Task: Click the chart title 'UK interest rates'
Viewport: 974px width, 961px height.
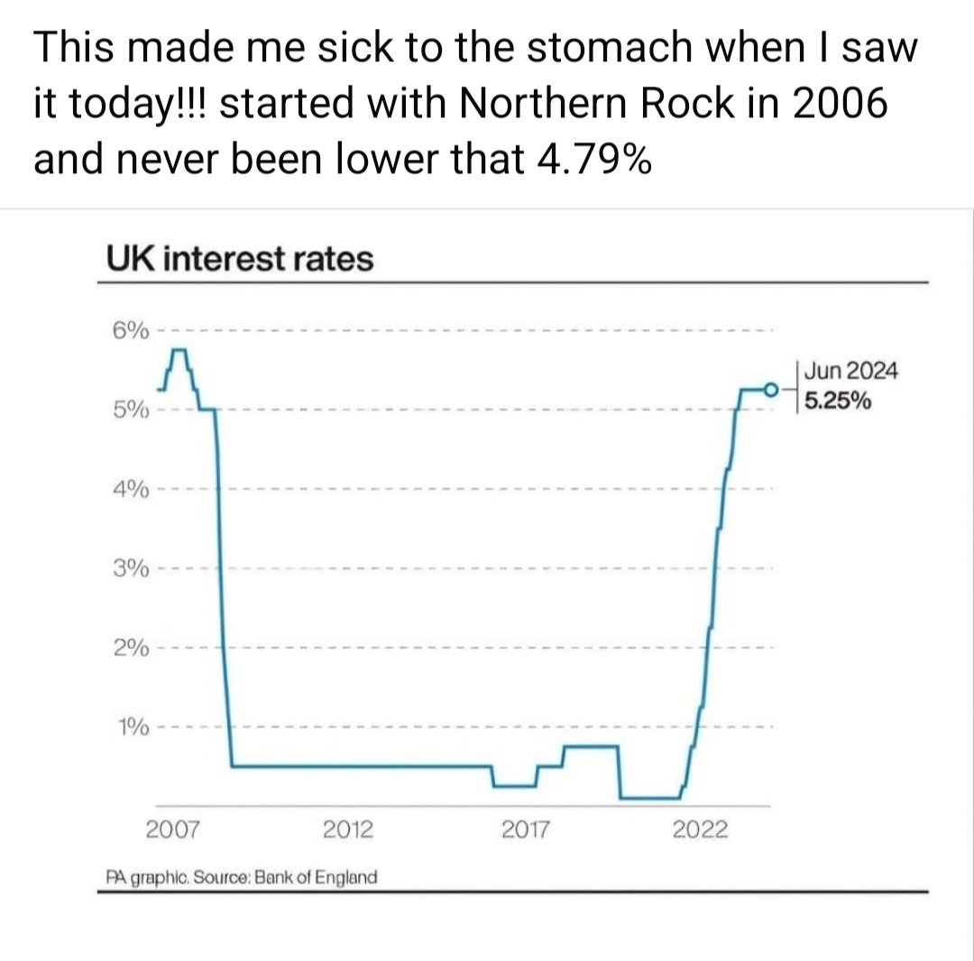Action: [x=239, y=260]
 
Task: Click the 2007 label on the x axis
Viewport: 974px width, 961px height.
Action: [x=172, y=829]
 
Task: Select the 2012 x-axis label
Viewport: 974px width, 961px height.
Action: [x=348, y=829]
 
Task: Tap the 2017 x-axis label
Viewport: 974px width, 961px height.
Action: [x=525, y=829]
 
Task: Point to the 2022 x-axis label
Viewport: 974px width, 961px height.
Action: [x=700, y=829]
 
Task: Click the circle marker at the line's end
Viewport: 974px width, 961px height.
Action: [x=770, y=390]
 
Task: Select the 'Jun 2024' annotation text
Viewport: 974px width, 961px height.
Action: [x=850, y=371]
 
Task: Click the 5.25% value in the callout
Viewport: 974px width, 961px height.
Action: [x=838, y=402]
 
